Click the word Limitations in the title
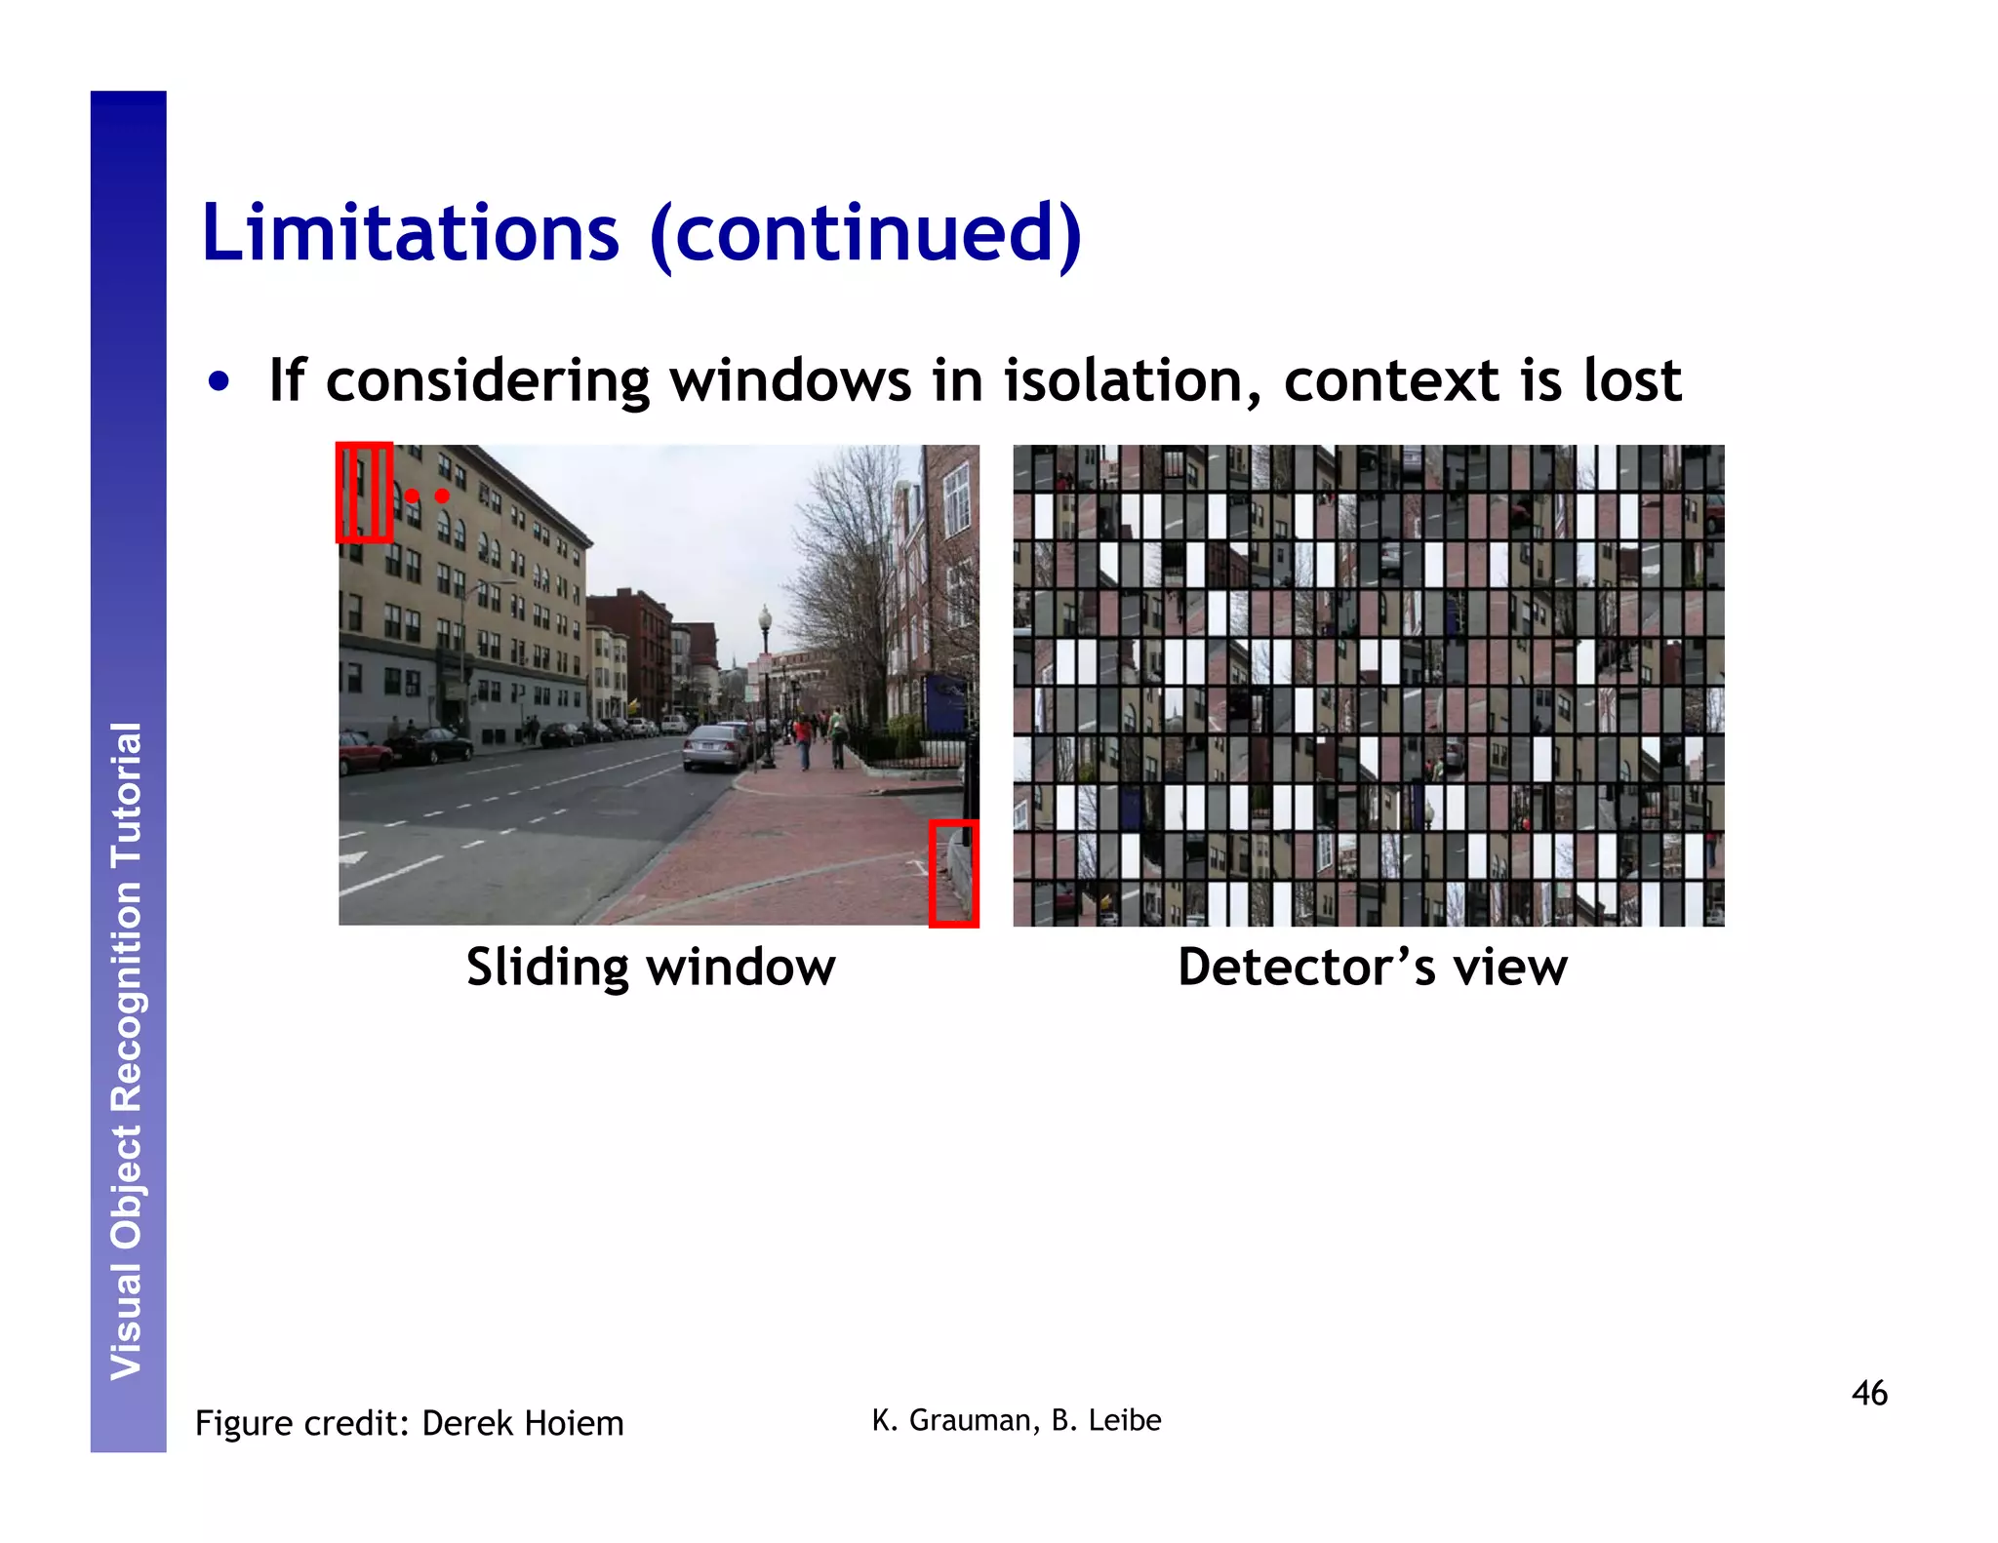pyautogui.click(x=410, y=234)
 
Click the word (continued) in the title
pyautogui.click(x=865, y=234)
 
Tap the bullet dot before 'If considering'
pyautogui.click(x=220, y=382)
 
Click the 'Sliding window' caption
pyautogui.click(x=651, y=968)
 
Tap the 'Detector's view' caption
pyautogui.click(x=1372, y=968)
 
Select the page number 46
pyautogui.click(x=1869, y=1393)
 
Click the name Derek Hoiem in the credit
pyautogui.click(x=523, y=1424)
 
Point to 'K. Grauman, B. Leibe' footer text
pyautogui.click(x=1017, y=1420)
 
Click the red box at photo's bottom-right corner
pyautogui.click(x=953, y=873)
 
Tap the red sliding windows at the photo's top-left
pyautogui.click(x=364, y=493)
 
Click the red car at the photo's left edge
pyautogui.click(x=363, y=752)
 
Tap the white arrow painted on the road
pyautogui.click(x=354, y=858)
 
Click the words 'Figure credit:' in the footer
pyautogui.click(x=302, y=1424)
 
